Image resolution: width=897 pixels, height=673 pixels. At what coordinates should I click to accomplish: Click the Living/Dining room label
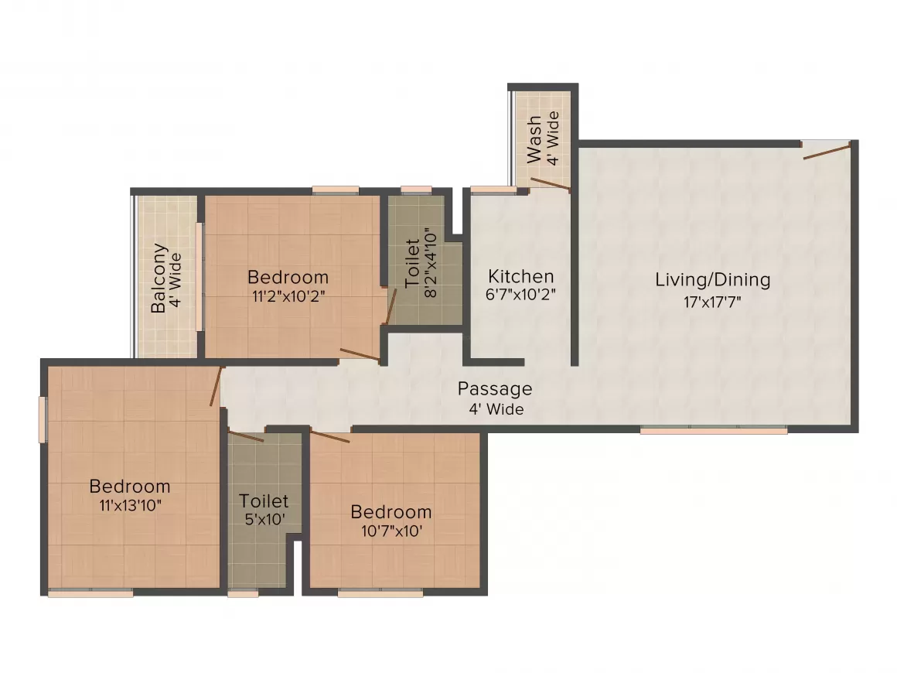click(x=712, y=280)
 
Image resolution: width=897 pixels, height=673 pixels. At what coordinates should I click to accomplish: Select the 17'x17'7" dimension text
click(x=712, y=302)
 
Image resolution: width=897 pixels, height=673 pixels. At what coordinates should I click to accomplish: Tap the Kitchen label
click(x=520, y=276)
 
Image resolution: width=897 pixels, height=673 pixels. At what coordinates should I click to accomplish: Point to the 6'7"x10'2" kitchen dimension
click(x=520, y=295)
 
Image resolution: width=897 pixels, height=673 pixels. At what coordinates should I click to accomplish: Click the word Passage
click(x=494, y=388)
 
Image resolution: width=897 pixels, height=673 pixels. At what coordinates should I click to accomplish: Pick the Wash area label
click(x=535, y=140)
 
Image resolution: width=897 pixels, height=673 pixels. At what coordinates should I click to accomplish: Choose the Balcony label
click(x=159, y=278)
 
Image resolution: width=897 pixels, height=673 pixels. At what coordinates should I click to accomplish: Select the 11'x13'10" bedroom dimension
click(x=130, y=505)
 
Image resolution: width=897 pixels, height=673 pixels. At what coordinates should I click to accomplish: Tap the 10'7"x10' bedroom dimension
click(x=391, y=531)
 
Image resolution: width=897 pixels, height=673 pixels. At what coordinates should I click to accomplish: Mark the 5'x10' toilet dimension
click(x=264, y=520)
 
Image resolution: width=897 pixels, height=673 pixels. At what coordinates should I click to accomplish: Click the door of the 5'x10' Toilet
click(x=247, y=437)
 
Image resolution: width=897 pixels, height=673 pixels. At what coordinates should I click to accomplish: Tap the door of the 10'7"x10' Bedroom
click(x=329, y=437)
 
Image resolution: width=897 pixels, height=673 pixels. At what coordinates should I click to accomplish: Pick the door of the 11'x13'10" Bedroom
click(x=217, y=387)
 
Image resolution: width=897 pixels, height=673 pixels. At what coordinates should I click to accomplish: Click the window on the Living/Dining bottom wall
click(x=713, y=431)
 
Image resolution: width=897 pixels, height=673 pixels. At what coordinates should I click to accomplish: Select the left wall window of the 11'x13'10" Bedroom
click(x=43, y=420)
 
